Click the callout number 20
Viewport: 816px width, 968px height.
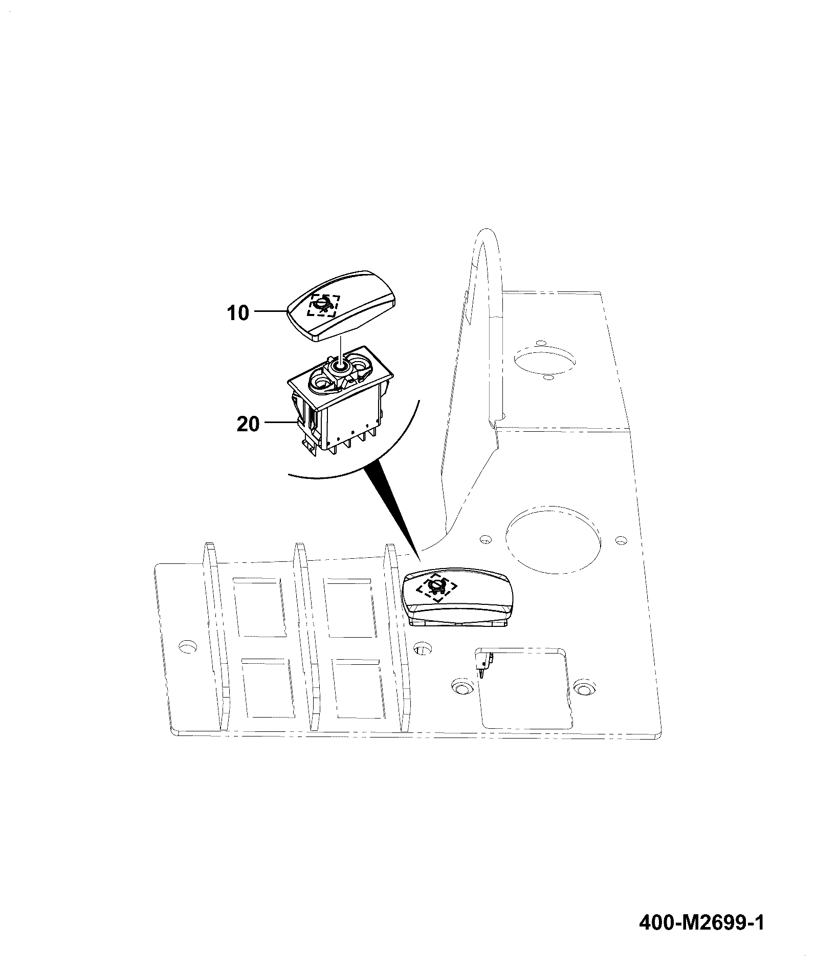click(248, 424)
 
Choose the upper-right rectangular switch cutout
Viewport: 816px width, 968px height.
click(350, 608)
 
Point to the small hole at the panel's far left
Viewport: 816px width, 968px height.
click(187, 646)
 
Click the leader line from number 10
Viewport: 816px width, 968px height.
click(269, 311)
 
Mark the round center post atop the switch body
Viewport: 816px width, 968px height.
click(338, 366)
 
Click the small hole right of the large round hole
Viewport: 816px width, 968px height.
click(621, 540)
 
